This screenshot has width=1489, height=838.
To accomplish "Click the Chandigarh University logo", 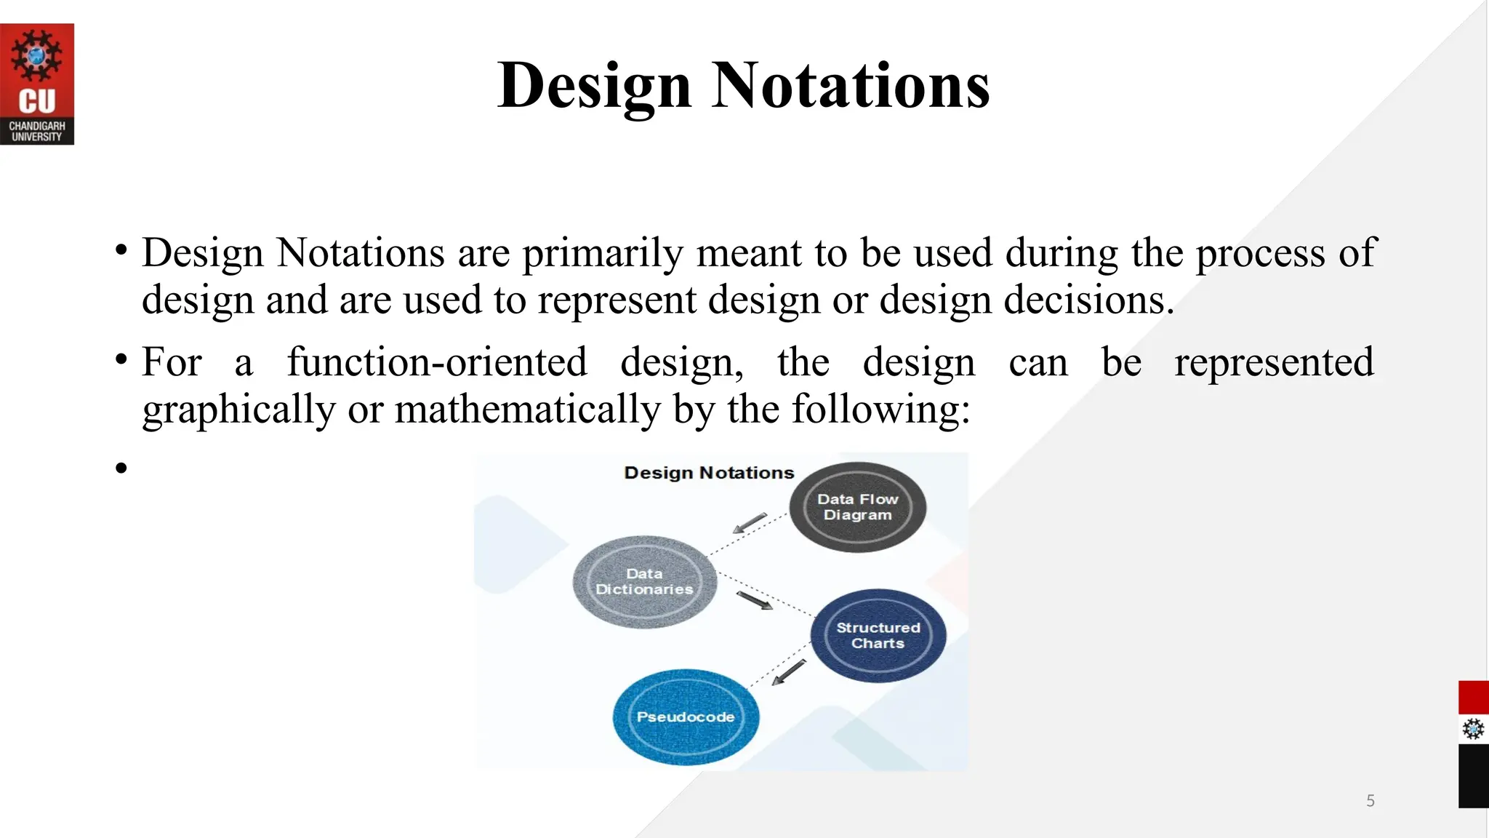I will pos(37,84).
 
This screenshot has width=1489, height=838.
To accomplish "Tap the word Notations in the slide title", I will pos(850,85).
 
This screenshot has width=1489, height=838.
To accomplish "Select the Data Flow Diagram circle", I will pos(857,507).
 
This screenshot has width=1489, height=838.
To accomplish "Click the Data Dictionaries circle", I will pos(644,582).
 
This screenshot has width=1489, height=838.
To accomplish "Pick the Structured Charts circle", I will pos(878,635).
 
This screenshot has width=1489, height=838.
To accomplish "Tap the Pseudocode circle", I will pos(685,717).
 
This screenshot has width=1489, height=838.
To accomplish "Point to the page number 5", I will pos(1370,801).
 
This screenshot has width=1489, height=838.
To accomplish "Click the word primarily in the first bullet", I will pos(603,253).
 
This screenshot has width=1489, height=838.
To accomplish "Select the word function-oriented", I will pos(437,362).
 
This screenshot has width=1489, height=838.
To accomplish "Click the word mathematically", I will pos(527,409).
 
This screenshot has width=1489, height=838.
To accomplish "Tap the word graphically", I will pos(238,409).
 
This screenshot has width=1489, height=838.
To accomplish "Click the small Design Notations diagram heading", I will pos(709,473).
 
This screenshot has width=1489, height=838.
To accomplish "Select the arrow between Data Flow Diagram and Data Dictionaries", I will pos(750,523).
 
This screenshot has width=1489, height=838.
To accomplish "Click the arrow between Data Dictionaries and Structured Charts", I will pos(755,601).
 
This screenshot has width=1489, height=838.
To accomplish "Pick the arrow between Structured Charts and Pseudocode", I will pos(789,672).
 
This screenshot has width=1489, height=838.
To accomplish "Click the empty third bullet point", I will pos(121,468).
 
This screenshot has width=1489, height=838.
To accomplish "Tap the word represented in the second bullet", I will pos(1274,362).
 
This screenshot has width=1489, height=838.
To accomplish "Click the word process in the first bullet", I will pos(1260,253).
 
